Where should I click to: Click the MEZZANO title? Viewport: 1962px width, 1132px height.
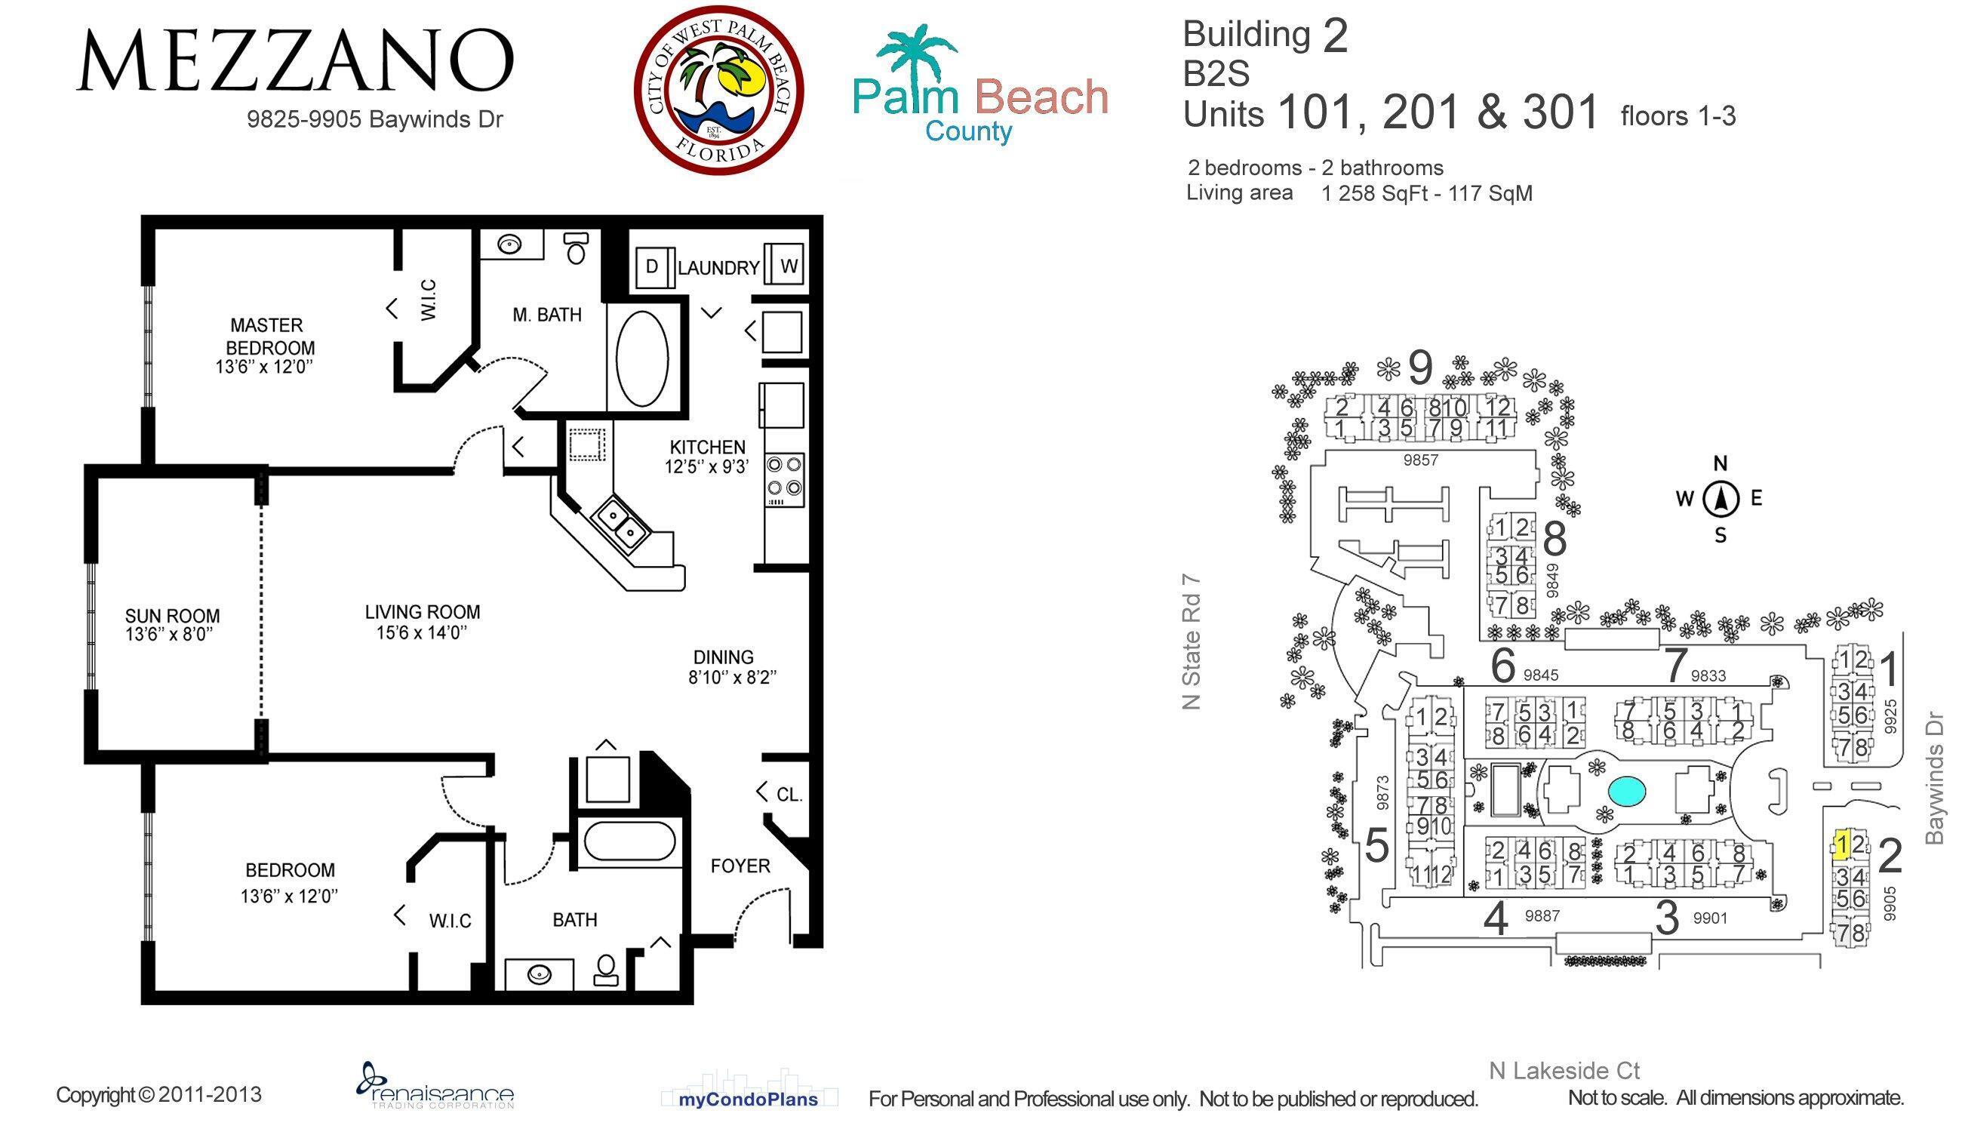coord(295,60)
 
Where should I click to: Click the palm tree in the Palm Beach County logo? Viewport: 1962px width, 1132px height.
coord(915,54)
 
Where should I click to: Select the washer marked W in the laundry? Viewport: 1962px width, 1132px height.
coord(788,266)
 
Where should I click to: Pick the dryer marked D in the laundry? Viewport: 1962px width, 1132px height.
coord(652,266)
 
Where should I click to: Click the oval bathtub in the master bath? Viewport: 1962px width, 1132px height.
coord(642,358)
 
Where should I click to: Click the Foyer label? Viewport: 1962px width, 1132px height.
coord(740,866)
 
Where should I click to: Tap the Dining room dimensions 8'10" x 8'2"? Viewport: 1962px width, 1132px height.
coord(731,677)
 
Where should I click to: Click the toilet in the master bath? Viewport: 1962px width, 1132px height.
coord(576,247)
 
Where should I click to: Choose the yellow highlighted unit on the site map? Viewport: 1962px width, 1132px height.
coord(1841,844)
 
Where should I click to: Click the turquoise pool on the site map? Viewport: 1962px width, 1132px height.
coord(1627,792)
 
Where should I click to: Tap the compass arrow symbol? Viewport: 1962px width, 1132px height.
coord(1721,499)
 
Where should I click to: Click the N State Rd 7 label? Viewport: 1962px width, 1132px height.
coord(1191,642)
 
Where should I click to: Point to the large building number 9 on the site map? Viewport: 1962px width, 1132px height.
coord(1420,368)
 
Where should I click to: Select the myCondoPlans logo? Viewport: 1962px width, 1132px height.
coord(748,1100)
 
